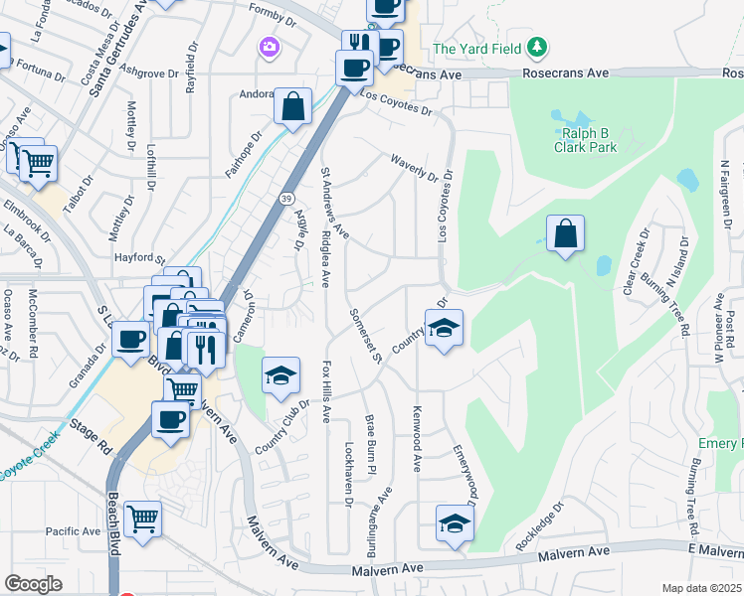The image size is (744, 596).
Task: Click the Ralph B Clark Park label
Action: coord(585,140)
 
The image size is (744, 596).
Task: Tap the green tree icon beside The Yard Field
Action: coord(537,47)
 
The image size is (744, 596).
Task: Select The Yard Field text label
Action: coord(477,48)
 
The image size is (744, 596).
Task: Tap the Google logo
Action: coord(33,584)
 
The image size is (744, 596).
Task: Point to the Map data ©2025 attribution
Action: coord(700,588)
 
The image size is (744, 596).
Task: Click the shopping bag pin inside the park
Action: coord(565,235)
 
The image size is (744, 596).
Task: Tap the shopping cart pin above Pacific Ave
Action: coord(143,519)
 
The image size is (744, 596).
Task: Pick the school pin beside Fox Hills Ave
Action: coord(281,375)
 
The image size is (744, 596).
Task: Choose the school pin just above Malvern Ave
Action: coord(455,523)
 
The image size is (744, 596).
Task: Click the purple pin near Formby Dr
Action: coord(267,46)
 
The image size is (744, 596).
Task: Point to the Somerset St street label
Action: coord(365,335)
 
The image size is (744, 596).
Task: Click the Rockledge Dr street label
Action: coord(539,526)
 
